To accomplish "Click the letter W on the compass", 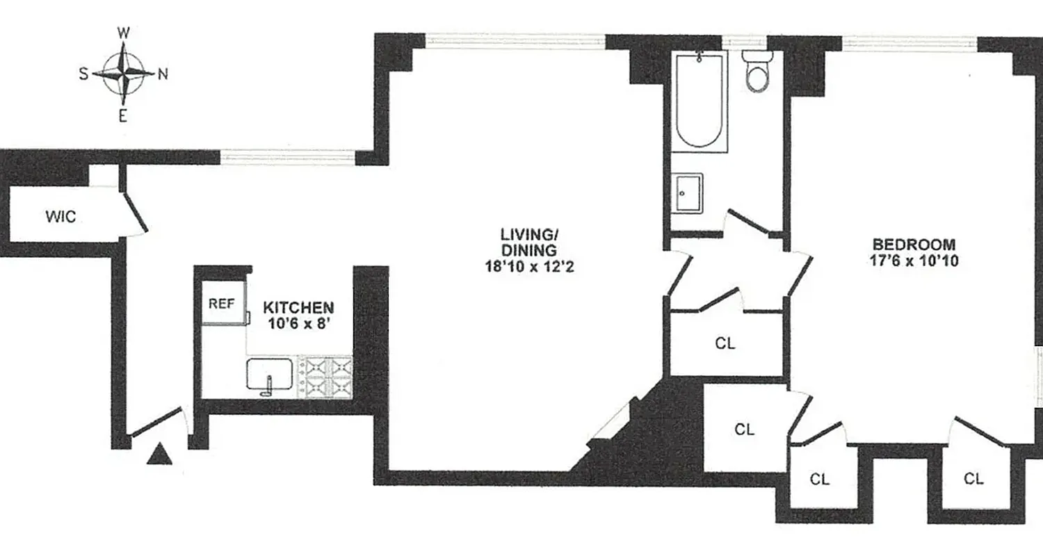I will coord(124,33).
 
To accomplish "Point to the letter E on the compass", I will coord(123,117).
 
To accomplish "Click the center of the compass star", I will coord(124,74).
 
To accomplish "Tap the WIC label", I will coord(60,217).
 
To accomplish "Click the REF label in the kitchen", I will coord(222,304).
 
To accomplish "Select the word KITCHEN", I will coord(298,307).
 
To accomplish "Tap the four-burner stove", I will coord(325,377).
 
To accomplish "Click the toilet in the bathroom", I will coord(756,73).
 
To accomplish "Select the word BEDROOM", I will coord(914,245).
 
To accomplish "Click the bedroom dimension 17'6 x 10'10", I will coord(914,261).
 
